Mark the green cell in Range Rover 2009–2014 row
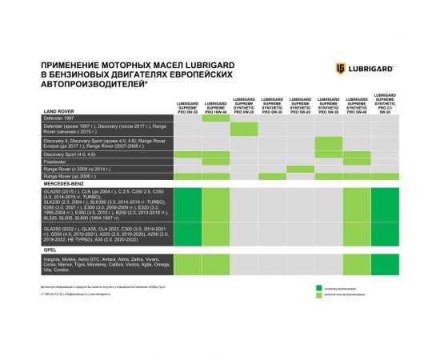(x=300, y=169)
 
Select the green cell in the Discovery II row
(x=328, y=142)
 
